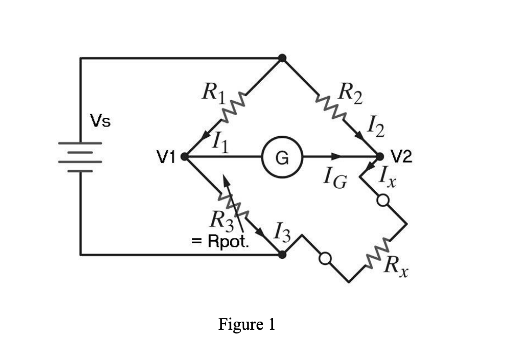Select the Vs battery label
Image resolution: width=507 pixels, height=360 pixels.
pyautogui.click(x=100, y=122)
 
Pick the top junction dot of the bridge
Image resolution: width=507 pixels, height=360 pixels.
pyautogui.click(x=282, y=58)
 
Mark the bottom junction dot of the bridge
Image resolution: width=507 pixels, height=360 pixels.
pyautogui.click(x=282, y=254)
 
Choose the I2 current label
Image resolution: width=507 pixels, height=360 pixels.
pyautogui.click(x=376, y=130)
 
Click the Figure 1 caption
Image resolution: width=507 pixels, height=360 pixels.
pyautogui.click(x=247, y=324)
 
